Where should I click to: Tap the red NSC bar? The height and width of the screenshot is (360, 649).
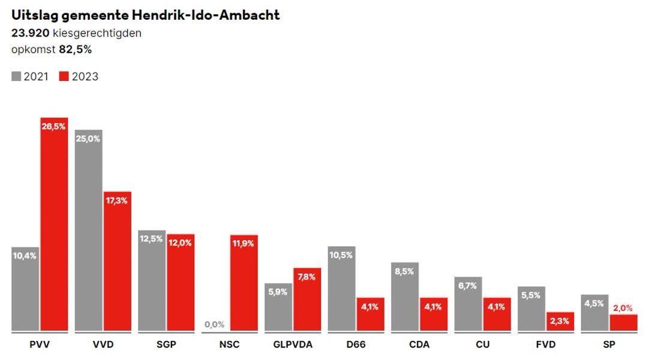(244, 282)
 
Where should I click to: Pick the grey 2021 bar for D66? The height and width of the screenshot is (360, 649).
(341, 288)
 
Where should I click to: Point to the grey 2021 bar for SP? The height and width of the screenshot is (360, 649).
(594, 312)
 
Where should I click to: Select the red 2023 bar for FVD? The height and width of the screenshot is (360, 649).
(560, 321)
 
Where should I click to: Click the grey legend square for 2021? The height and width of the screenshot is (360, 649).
(16, 76)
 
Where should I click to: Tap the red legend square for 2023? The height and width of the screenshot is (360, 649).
(64, 76)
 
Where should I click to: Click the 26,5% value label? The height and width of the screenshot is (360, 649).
(54, 126)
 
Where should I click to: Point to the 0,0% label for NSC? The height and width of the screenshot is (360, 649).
(214, 325)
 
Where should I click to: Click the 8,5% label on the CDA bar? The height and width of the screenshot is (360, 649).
(405, 271)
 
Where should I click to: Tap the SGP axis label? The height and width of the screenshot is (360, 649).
(166, 345)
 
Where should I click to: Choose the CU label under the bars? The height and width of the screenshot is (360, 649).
(483, 345)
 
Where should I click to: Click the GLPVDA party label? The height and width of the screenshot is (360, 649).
(293, 345)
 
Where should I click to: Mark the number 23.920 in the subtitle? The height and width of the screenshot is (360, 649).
(30, 33)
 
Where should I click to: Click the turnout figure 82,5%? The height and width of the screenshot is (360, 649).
(75, 50)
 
